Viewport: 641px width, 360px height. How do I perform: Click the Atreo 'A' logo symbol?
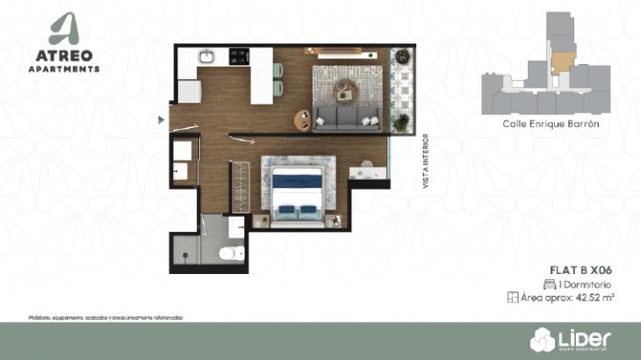tap(64, 28)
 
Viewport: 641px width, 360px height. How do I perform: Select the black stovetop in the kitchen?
tap(237, 57)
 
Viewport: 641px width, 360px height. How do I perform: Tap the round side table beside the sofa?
tap(304, 117)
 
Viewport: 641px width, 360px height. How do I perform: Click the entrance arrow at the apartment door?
tap(161, 119)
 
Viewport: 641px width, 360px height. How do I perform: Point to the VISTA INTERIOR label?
tap(426, 162)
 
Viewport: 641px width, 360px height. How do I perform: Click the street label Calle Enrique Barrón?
tap(544, 125)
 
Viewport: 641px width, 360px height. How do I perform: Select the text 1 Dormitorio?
tap(587, 284)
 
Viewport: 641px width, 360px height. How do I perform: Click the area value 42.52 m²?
tap(594, 299)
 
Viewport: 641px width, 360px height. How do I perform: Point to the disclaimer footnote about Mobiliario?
tap(105, 317)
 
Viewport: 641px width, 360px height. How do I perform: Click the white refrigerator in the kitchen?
tap(190, 90)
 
